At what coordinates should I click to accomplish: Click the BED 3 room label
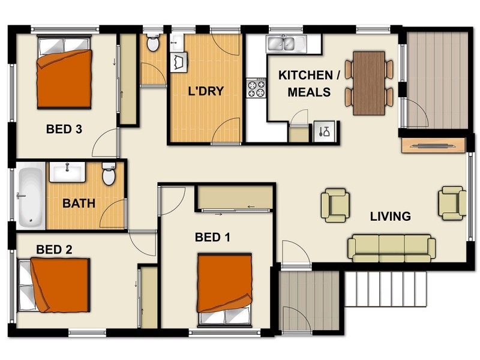[x=64, y=129]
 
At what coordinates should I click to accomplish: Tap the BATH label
[x=79, y=203]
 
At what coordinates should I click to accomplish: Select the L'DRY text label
[x=205, y=92]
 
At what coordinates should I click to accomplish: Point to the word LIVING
[x=390, y=217]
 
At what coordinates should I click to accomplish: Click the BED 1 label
[x=212, y=238]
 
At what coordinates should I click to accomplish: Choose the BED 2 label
[x=54, y=249]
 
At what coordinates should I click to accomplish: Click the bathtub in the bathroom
[x=29, y=196]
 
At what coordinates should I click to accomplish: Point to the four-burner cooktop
[x=257, y=89]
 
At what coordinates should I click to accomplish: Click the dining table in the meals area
[x=368, y=83]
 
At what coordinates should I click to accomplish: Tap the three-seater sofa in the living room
[x=391, y=248]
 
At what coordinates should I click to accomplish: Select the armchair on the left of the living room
[x=334, y=205]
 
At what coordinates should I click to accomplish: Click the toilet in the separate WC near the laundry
[x=152, y=43]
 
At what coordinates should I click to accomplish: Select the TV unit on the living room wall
[x=432, y=145]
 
